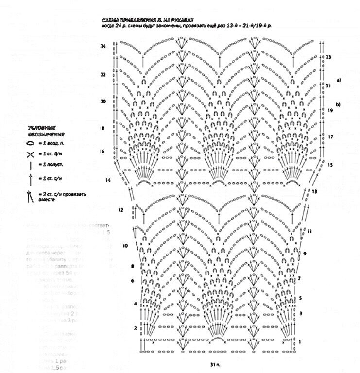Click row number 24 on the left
[103, 46]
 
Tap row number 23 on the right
[328, 57]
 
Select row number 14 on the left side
[108, 180]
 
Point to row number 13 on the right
[314, 191]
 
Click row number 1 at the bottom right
[300, 342]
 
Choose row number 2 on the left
[135, 328]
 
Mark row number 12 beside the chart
[120, 210]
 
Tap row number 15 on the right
[330, 165]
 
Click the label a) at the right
[339, 79]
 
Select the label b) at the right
[338, 104]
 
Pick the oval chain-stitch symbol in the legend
[30, 144]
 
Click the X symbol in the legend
[30, 155]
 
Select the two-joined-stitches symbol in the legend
[30, 197]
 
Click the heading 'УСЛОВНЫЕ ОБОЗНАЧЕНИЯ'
[46, 131]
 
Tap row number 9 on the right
[304, 254]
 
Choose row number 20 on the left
[103, 102]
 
